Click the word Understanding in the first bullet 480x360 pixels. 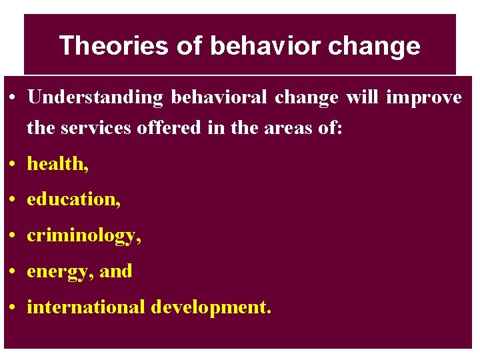[x=95, y=98]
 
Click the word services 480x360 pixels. [x=96, y=127]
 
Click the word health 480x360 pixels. [x=55, y=164]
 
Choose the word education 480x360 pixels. [x=72, y=199]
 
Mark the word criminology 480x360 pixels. [x=82, y=236]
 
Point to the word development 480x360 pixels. [x=211, y=308]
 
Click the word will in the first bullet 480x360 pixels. [x=361, y=97]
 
